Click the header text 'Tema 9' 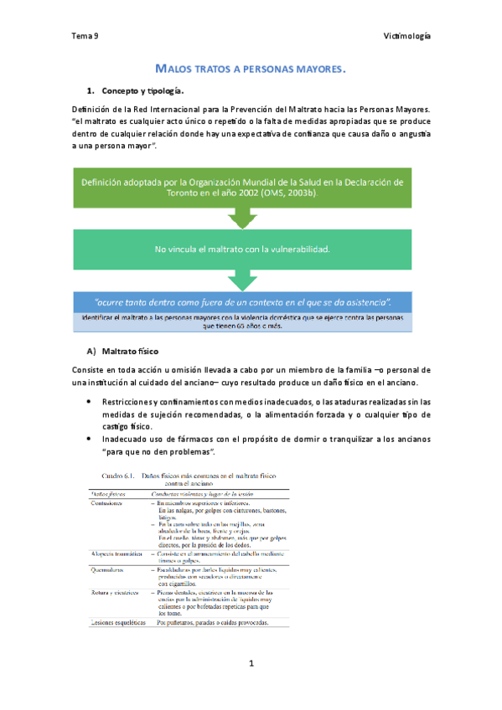(85, 36)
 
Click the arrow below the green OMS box (242, 218)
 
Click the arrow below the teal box (242, 280)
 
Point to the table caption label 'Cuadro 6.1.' (112, 475)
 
